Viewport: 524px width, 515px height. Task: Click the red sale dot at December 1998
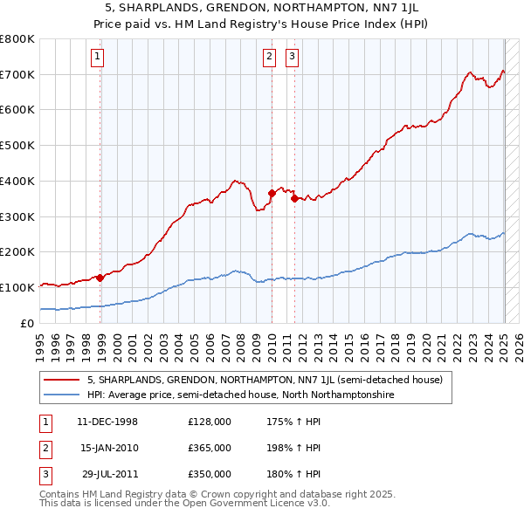click(100, 278)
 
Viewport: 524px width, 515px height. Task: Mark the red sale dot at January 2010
click(272, 194)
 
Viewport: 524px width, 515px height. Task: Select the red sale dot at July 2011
click(295, 199)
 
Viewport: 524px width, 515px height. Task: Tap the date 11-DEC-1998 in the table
click(107, 422)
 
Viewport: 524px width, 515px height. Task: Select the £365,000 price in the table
click(210, 448)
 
